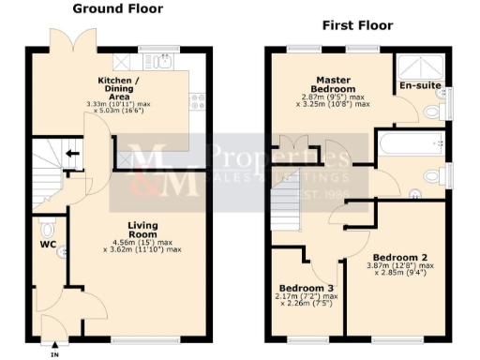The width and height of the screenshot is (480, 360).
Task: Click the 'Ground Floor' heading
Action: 118,8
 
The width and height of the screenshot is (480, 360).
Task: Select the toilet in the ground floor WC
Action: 48,230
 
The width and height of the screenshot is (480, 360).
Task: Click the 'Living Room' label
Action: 141,232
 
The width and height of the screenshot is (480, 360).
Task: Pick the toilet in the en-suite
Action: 431,112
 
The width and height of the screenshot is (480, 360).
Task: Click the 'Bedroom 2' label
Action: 399,257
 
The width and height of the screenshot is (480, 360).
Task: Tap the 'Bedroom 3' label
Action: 305,289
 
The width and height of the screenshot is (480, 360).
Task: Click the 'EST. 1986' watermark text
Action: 309,196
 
